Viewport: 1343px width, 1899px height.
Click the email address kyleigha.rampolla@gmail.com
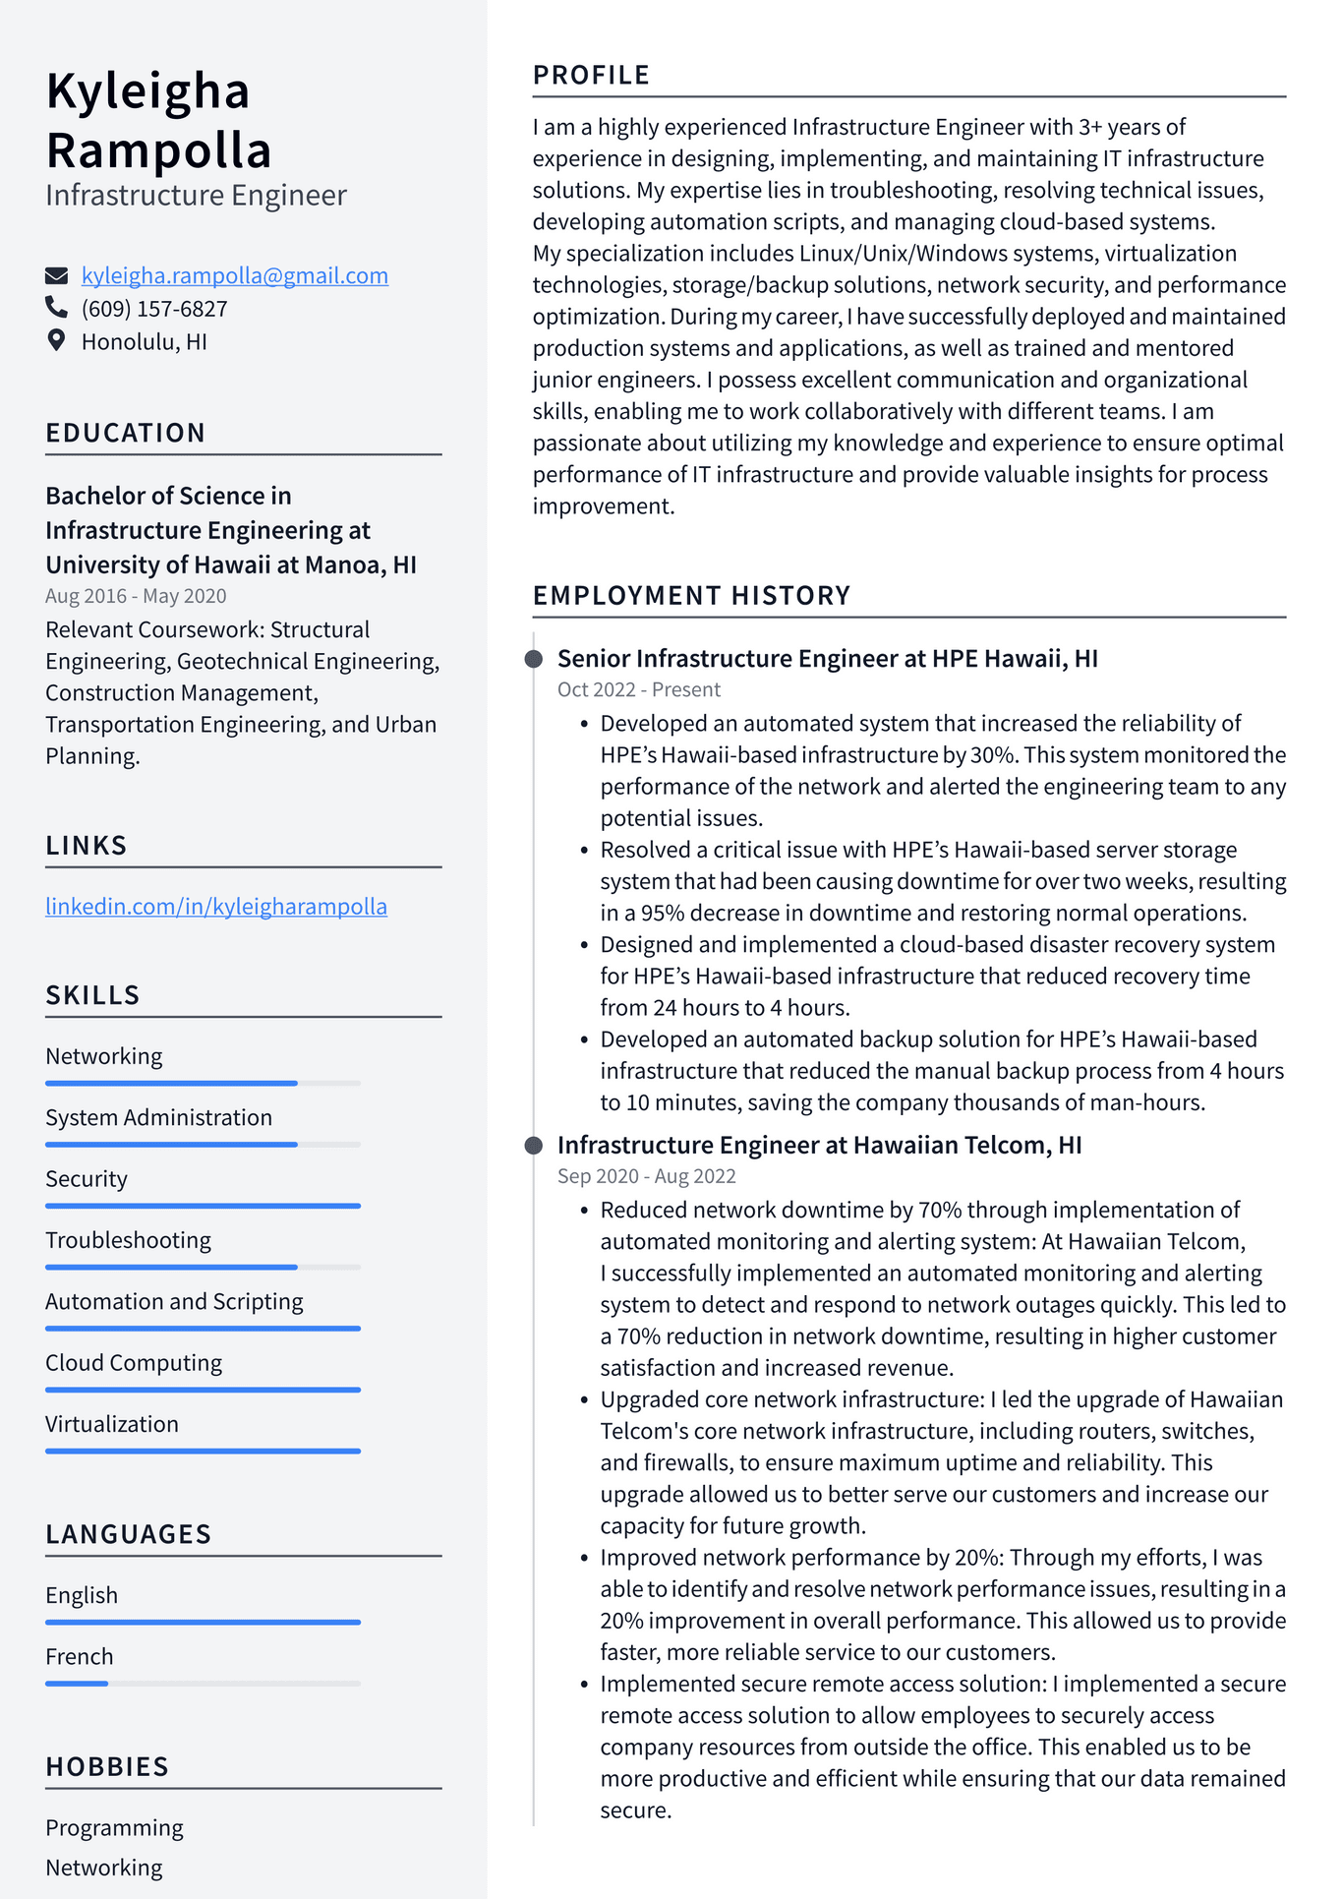point(234,275)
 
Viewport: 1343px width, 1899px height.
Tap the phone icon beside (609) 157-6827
point(56,308)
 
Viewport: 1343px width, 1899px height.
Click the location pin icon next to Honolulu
point(56,341)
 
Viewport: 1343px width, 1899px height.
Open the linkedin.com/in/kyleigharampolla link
point(216,906)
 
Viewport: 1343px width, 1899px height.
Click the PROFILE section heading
point(591,75)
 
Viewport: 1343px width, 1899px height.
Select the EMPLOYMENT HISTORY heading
point(691,595)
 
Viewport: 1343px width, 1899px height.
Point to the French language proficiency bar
point(203,1684)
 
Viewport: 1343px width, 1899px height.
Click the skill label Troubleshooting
point(128,1240)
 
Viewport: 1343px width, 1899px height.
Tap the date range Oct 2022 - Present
point(638,689)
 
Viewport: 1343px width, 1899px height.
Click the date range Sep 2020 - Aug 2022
point(646,1176)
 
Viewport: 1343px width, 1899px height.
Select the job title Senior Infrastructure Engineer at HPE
point(827,658)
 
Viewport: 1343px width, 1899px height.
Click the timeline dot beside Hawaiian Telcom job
point(534,1145)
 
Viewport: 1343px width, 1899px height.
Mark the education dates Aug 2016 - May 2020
point(136,596)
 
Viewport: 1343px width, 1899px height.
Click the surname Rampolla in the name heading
point(158,150)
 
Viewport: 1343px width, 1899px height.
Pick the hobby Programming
point(114,1827)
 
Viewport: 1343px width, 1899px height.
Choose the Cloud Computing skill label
point(134,1362)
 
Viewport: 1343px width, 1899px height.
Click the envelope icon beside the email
point(57,274)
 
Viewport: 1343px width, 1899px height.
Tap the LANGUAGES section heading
point(128,1534)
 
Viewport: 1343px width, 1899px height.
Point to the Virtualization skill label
point(112,1424)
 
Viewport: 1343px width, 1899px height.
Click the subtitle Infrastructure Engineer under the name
point(196,195)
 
